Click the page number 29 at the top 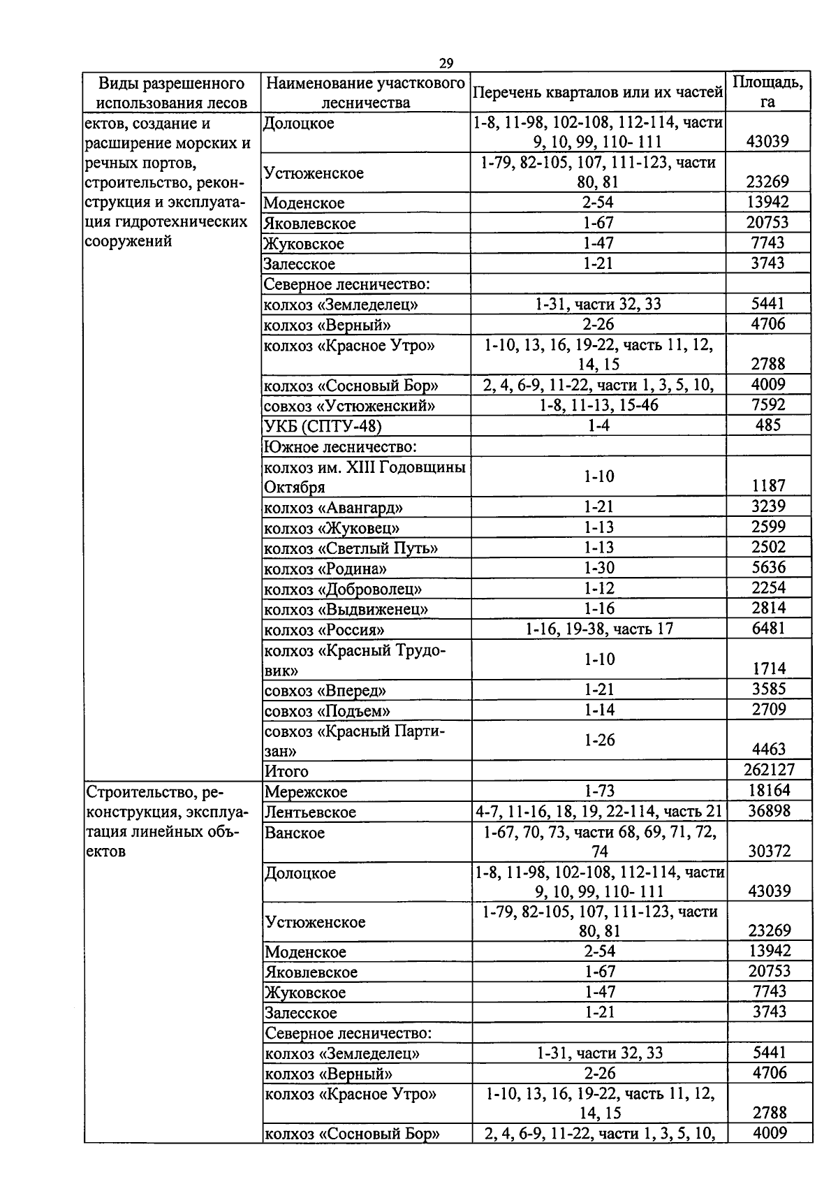point(446,64)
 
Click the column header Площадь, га point(767,92)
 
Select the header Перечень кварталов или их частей point(598,92)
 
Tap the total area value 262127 point(768,770)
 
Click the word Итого point(286,771)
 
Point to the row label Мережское point(306,791)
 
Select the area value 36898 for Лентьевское point(768,811)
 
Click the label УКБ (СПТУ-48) point(323,426)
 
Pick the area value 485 point(768,425)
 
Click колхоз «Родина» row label point(325,569)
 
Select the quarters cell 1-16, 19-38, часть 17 point(599,629)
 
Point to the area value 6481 point(768,628)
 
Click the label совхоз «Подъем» point(327,711)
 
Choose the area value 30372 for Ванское point(768,851)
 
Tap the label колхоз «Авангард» point(334,508)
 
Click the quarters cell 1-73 point(599,791)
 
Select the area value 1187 point(768,485)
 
